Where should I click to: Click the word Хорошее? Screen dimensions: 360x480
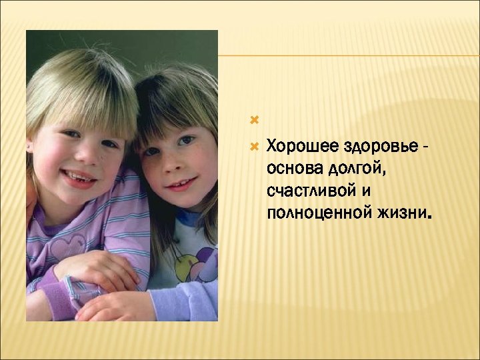pyautogui.click(x=295, y=145)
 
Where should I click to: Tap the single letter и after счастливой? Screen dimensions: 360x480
pyautogui.click(x=367, y=191)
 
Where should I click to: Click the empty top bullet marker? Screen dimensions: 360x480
pyautogui.click(x=253, y=121)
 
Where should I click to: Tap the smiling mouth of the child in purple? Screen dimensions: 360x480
pyautogui.click(x=79, y=178)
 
